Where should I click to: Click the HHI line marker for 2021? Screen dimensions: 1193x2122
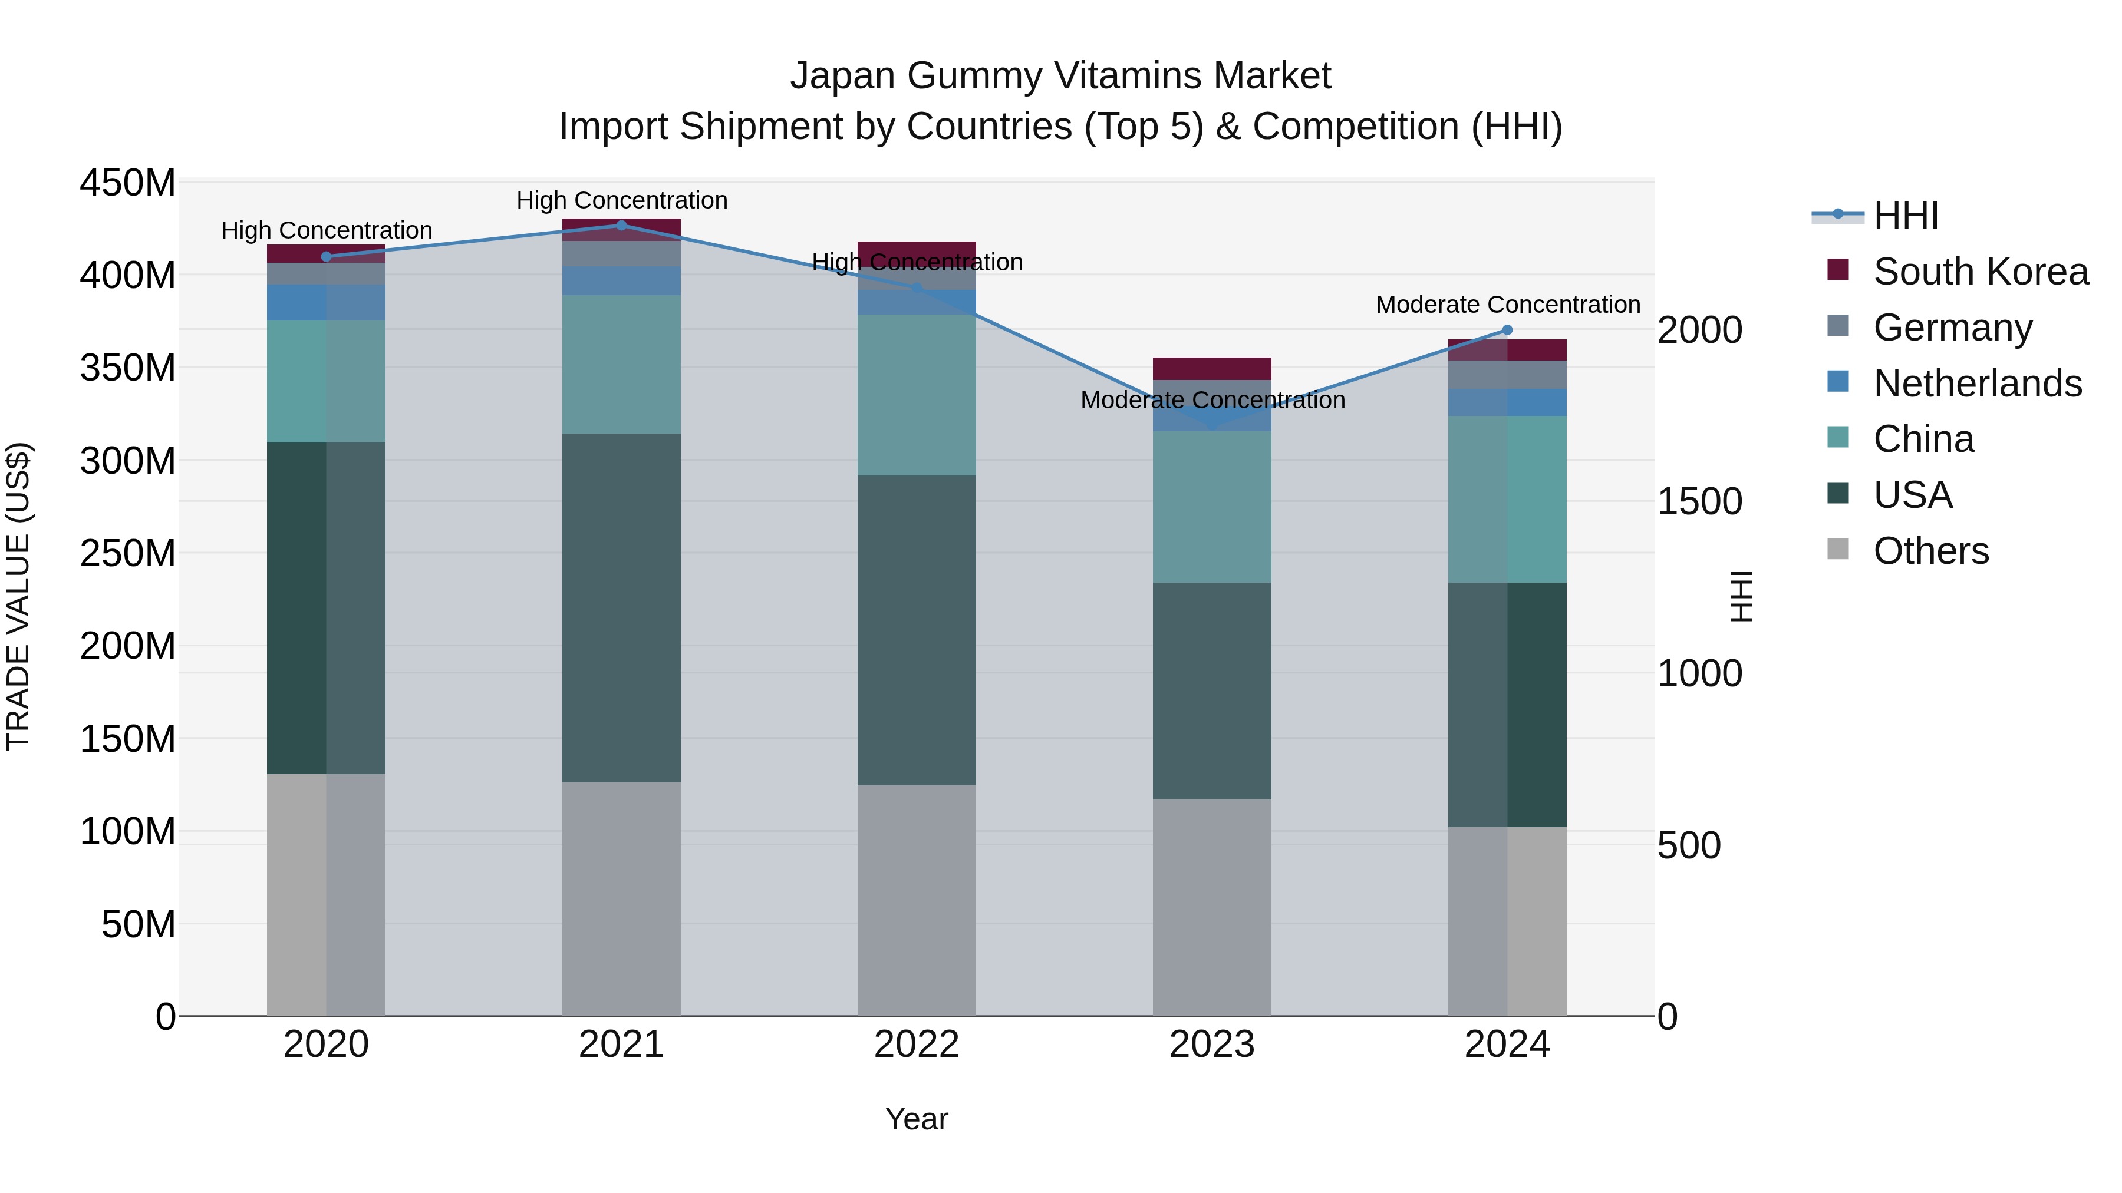coord(621,225)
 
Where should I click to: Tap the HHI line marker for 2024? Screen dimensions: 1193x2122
coord(1507,330)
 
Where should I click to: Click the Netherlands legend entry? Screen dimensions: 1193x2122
coord(1977,384)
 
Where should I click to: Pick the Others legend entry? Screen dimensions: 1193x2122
coord(1930,551)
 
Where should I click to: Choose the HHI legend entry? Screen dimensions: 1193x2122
coord(1905,216)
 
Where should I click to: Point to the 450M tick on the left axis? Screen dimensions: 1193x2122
coord(127,183)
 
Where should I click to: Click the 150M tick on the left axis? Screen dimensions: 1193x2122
coord(127,739)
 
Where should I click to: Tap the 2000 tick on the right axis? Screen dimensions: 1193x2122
coord(1699,330)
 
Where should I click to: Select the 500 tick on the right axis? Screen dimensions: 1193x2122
coord(1688,845)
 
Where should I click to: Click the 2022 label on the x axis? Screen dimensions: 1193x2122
coord(916,1045)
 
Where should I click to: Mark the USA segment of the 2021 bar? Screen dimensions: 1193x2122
coord(621,607)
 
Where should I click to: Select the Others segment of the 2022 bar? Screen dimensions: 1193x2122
coord(916,900)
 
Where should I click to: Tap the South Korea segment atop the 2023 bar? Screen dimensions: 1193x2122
coord(1212,368)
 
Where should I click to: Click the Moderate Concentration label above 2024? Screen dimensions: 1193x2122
coord(1507,305)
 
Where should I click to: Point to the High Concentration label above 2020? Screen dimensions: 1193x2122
coord(326,230)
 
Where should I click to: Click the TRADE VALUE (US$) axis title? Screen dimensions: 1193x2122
coord(18,596)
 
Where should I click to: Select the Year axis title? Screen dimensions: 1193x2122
coord(916,1119)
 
